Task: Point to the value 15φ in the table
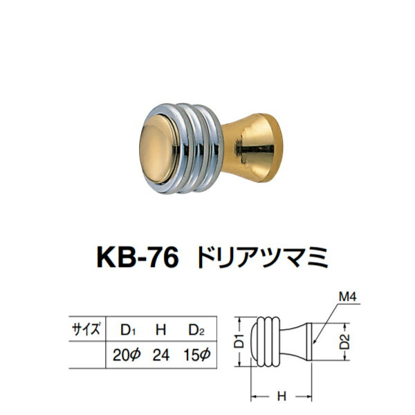196,357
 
